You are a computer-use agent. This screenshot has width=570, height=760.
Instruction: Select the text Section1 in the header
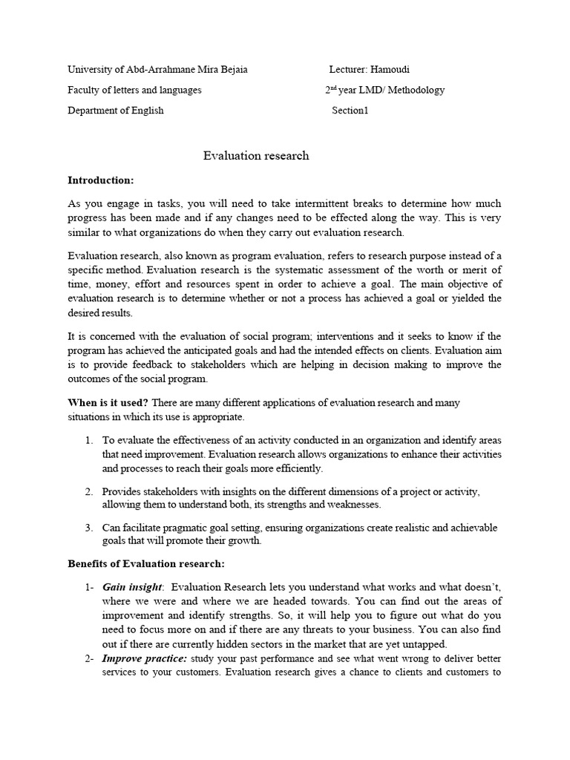click(350, 111)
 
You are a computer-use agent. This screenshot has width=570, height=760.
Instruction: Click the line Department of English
click(115, 111)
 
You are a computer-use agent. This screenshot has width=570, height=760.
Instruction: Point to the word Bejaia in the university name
click(232, 70)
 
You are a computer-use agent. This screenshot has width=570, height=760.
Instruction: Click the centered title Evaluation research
click(256, 156)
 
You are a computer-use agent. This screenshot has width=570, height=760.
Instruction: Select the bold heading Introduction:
click(101, 180)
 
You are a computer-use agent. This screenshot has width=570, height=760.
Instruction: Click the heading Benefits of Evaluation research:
click(146, 565)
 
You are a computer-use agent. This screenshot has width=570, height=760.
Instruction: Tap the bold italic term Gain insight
click(131, 586)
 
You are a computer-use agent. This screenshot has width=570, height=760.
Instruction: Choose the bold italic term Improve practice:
click(145, 658)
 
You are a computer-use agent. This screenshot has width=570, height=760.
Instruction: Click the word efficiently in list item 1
click(298, 468)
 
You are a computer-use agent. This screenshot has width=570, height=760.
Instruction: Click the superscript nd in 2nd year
click(333, 88)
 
